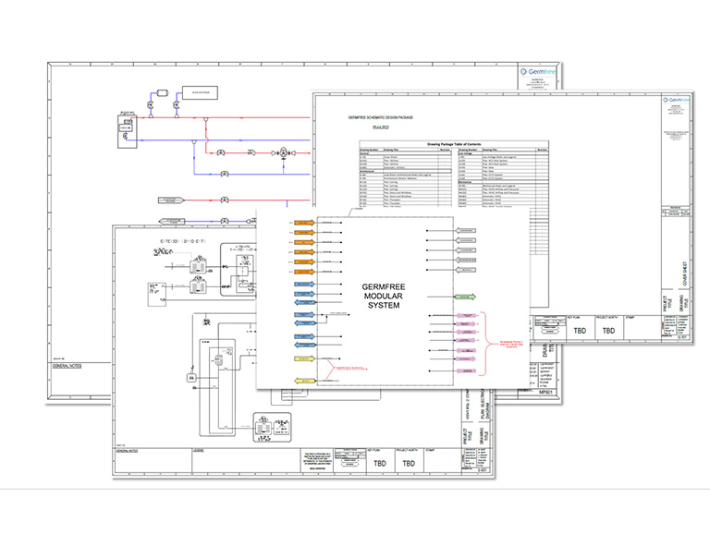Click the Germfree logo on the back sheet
click(x=538, y=69)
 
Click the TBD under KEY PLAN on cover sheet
click(x=580, y=330)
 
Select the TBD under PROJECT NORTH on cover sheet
click(x=608, y=330)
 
